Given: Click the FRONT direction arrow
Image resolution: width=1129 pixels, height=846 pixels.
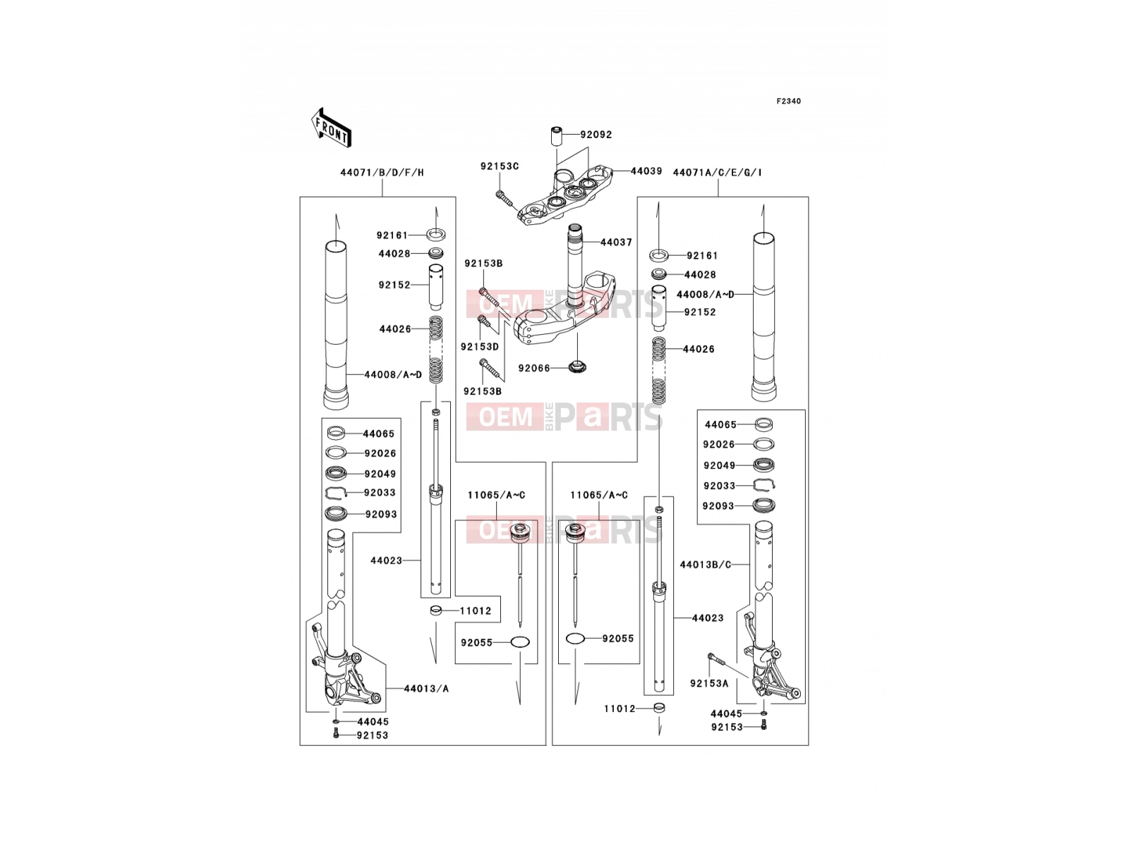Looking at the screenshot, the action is coord(331,128).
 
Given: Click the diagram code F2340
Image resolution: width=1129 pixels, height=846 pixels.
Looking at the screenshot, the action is coord(788,102).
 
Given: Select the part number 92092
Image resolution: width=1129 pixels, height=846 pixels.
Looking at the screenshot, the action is coord(596,135).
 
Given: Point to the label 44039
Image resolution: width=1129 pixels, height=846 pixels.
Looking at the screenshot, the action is coord(646,171).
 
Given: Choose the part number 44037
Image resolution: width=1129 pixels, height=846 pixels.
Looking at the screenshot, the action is coord(616,242).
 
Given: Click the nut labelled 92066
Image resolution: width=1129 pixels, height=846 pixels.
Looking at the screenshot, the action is coord(577,367).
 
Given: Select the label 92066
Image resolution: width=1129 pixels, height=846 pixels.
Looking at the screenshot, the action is coord(534,368).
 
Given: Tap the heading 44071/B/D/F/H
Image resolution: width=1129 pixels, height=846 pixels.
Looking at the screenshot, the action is coord(382,173).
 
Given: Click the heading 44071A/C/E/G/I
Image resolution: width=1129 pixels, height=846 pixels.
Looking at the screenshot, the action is coord(717,173).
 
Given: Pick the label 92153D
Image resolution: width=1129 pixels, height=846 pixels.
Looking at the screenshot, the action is coord(479,347).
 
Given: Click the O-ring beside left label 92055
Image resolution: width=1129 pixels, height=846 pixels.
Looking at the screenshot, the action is coord(520,642).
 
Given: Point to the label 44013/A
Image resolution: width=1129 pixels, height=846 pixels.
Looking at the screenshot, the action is coord(426,688).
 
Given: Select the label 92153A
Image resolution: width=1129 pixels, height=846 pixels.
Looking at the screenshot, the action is coord(708,684).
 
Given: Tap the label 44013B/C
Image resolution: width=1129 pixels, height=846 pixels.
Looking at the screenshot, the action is coord(705,565).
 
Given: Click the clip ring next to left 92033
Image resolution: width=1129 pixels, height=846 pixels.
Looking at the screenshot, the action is coord(337,493).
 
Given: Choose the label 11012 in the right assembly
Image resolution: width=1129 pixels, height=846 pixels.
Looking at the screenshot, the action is coord(620,709).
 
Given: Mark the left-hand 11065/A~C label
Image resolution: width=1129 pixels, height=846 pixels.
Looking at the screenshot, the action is coord(496,495).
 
